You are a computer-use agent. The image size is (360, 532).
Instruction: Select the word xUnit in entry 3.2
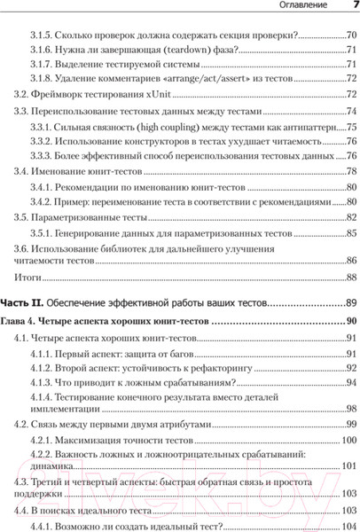click(160, 94)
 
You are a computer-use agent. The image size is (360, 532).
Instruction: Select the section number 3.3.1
click(42, 127)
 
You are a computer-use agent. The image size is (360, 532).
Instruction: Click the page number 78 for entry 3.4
click(350, 171)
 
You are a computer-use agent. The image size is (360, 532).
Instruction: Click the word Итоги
click(18, 278)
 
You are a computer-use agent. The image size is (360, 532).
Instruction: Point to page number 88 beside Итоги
click(350, 278)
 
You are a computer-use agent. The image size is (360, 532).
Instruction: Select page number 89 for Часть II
click(350, 303)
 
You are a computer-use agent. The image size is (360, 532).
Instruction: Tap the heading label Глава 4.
click(19, 320)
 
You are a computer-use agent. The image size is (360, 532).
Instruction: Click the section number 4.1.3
click(42, 382)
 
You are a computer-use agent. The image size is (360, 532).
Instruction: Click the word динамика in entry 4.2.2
click(82, 465)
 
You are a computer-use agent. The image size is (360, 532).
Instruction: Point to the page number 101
click(348, 465)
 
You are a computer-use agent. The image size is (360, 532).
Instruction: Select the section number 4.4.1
click(42, 523)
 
